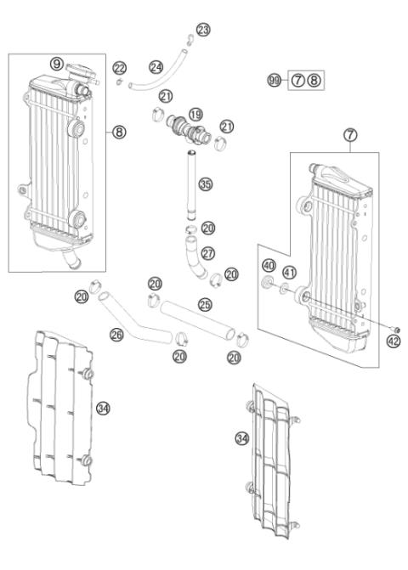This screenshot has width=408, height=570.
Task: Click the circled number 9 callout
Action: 56,63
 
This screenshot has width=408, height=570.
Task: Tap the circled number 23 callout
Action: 202,31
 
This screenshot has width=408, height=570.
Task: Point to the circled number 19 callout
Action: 195,113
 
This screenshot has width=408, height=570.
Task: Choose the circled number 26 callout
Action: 117,336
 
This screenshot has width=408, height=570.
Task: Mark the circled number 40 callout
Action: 269,265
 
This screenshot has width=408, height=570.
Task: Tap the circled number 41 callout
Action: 290,274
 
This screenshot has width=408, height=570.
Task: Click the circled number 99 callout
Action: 274,80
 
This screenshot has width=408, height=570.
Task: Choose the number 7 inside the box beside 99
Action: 297,80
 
